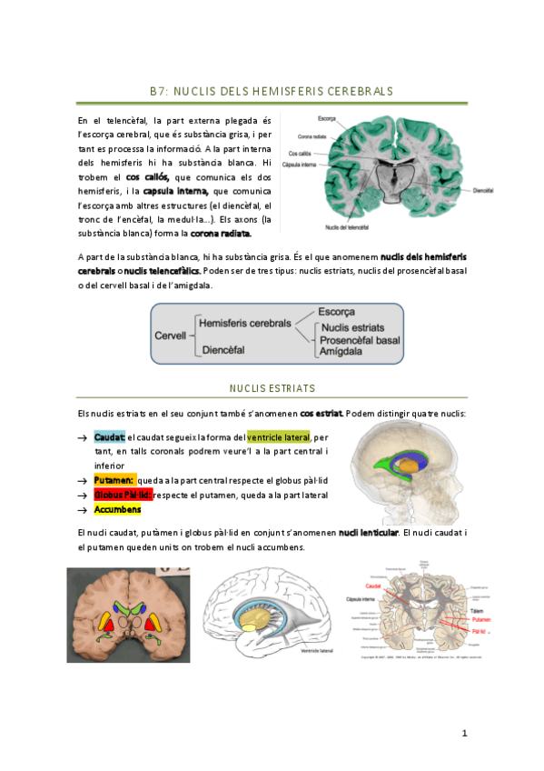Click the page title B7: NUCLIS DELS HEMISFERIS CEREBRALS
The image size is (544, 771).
272,92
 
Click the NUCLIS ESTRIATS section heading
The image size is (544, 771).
272,388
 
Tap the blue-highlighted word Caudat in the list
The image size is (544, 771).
109,437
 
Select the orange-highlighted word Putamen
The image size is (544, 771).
114,479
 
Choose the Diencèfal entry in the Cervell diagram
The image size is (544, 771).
222,349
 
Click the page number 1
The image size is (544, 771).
463,733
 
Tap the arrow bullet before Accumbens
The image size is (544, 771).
83,511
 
